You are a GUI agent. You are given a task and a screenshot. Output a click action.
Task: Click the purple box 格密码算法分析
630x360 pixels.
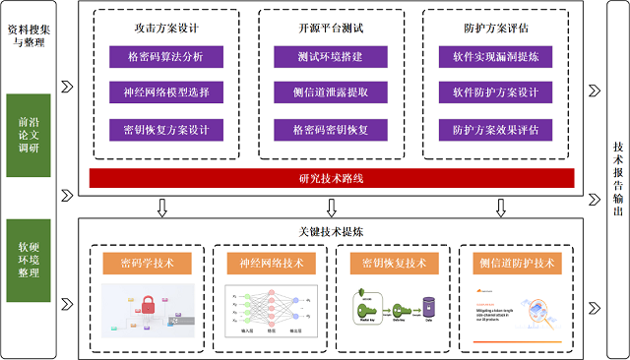(163, 57)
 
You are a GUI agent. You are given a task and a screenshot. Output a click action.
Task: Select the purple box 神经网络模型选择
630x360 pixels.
(163, 93)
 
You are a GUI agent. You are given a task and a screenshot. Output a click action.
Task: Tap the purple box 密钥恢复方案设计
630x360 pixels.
(163, 129)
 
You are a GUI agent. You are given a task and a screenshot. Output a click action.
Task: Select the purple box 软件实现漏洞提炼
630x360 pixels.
(494, 57)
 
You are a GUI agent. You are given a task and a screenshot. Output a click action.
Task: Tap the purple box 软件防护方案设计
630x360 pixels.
(494, 93)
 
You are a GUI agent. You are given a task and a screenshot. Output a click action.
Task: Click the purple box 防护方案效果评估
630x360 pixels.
(494, 129)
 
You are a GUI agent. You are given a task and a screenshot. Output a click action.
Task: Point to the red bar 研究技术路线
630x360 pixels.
(330, 178)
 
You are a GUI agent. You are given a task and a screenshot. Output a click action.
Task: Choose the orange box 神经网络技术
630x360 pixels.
(270, 263)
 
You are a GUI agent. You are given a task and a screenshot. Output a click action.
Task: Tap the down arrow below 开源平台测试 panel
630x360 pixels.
(331, 207)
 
